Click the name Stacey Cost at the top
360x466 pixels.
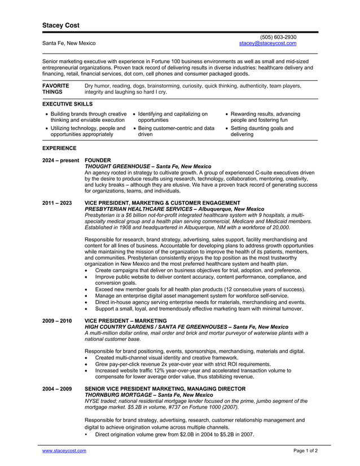click(61, 25)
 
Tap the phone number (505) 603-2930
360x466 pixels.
click(278, 37)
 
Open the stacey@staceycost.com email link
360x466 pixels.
click(267, 43)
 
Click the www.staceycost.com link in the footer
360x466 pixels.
click(64, 451)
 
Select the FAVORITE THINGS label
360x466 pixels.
click(56, 89)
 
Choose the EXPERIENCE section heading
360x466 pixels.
click(59, 148)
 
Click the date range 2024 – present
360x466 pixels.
click(61, 160)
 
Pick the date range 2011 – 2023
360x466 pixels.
click(56, 203)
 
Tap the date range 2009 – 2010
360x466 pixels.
click(56, 320)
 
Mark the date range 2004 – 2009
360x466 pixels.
click(56, 389)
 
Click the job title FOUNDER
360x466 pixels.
click(98, 160)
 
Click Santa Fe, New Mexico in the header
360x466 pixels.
click(69, 43)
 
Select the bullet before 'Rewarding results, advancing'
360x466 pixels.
click(227, 114)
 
